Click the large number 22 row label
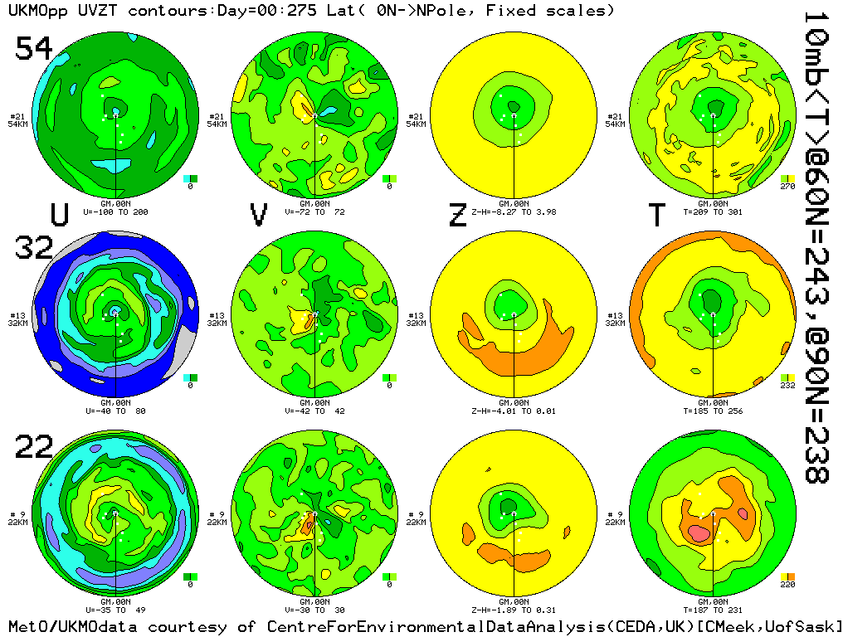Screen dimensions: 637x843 33,447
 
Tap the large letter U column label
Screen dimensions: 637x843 59,215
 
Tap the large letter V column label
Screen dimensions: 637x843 259,215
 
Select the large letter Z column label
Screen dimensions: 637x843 457,215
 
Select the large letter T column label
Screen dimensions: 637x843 656,215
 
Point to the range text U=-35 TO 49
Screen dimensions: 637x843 115,610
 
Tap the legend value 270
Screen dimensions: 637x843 787,187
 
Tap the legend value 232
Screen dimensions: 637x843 787,386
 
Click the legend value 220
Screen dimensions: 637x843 787,585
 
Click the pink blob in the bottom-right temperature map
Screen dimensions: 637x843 698,533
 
